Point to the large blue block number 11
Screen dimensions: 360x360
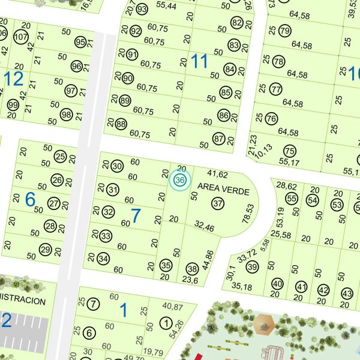click(199, 61)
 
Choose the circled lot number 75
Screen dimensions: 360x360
click(290, 151)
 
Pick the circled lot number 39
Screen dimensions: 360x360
click(252, 267)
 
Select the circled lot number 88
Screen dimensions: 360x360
click(121, 124)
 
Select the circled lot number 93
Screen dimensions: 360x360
click(142, 10)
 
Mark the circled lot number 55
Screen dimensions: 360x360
click(292, 199)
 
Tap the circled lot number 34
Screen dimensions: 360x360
click(104, 259)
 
